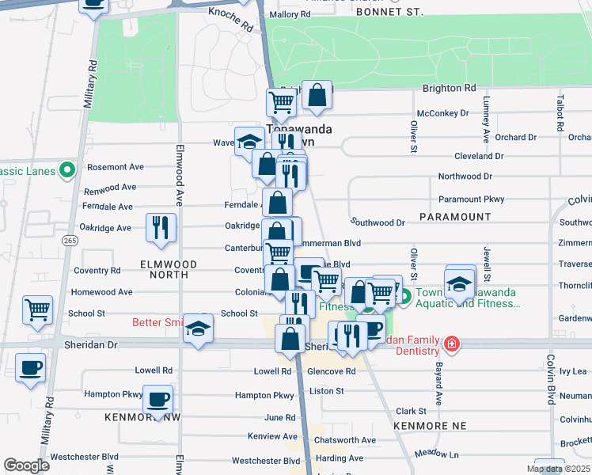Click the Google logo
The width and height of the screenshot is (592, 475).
pyautogui.click(x=26, y=465)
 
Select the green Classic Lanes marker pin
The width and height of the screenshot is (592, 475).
pyautogui.click(x=68, y=170)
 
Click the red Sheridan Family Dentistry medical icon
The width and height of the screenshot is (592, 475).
pyautogui.click(x=451, y=344)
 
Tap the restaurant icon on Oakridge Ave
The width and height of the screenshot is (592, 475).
pyautogui.click(x=161, y=227)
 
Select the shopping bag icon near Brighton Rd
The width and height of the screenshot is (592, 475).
pyautogui.click(x=317, y=97)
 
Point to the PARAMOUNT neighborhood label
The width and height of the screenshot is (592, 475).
pyautogui.click(x=455, y=216)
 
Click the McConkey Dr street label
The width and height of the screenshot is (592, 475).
pyautogui.click(x=442, y=113)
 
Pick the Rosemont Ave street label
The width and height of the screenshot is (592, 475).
pyautogui.click(x=115, y=167)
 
